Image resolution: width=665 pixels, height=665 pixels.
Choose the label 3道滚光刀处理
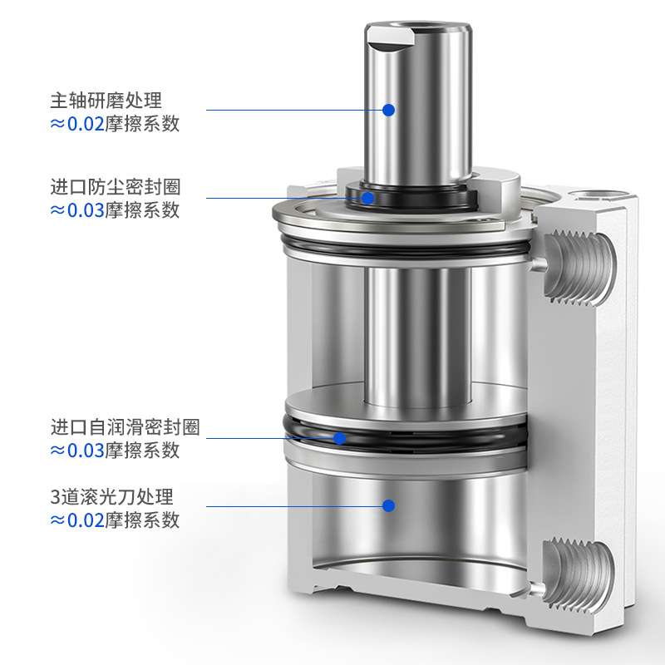(x=111, y=497)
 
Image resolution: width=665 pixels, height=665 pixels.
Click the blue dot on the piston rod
(x=388, y=109)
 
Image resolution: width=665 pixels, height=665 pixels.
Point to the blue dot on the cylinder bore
(x=388, y=505)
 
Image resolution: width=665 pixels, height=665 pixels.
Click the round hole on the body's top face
(x=592, y=196)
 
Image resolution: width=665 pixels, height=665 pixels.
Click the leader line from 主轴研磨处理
(x=291, y=109)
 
